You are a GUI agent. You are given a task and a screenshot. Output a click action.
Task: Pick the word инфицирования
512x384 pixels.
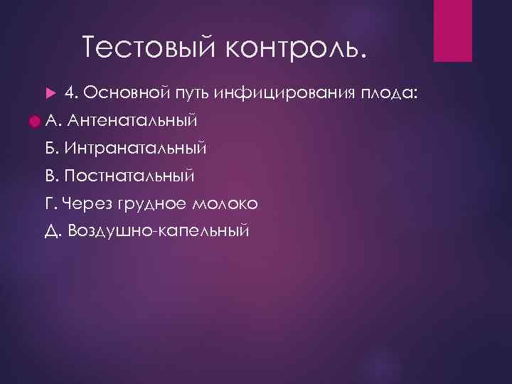286,92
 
